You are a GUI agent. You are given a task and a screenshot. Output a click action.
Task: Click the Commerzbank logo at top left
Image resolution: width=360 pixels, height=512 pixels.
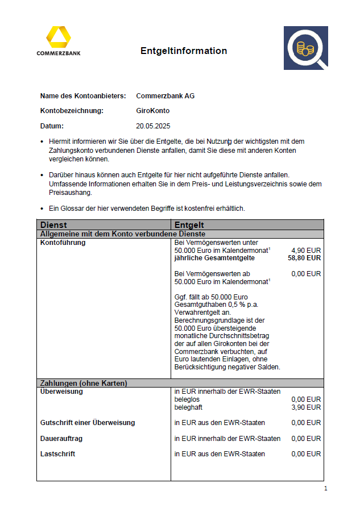click(x=59, y=41)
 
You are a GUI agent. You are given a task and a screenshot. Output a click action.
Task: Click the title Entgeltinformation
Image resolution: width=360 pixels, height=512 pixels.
click(x=184, y=51)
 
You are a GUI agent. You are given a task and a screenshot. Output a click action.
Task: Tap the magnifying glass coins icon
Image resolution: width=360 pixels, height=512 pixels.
click(x=306, y=48)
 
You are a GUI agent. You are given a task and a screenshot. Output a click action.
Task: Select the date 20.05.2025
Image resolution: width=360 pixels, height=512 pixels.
click(x=153, y=126)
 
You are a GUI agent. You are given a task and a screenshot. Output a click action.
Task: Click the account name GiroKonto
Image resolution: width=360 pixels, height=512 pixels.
click(x=152, y=111)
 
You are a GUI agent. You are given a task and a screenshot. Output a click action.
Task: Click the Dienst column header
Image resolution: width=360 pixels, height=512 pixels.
click(x=53, y=225)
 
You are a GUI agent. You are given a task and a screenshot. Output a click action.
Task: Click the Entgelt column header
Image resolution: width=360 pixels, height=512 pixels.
click(x=189, y=225)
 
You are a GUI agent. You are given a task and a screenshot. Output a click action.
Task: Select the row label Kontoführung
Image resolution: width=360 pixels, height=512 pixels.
click(x=63, y=243)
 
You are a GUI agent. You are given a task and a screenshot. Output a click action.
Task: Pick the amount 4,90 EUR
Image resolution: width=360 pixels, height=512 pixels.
click(x=306, y=250)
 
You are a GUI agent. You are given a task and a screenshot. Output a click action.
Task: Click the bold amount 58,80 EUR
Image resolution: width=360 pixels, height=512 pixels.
click(x=305, y=258)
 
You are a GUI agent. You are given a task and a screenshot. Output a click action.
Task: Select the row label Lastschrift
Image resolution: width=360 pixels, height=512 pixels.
click(x=57, y=454)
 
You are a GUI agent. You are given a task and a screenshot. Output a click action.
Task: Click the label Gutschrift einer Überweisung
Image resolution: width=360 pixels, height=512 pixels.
click(x=88, y=423)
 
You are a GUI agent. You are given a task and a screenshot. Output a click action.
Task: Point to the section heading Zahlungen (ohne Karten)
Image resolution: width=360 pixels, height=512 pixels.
click(x=83, y=383)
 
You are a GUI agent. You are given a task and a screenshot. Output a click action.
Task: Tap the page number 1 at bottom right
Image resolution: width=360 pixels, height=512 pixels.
click(x=325, y=489)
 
